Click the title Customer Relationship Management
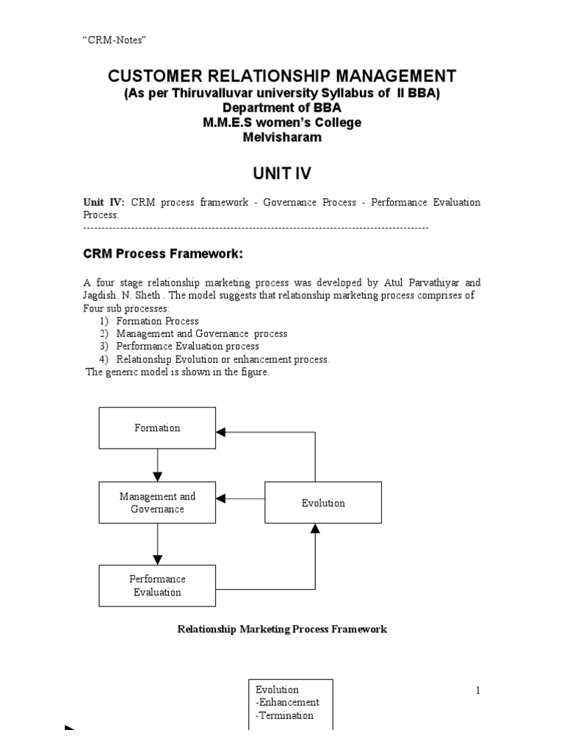pyautogui.click(x=282, y=76)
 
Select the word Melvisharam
pyautogui.click(x=282, y=137)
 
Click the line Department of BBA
pyautogui.click(x=282, y=108)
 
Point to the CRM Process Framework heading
pyautogui.click(x=162, y=254)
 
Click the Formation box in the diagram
pyautogui.click(x=157, y=428)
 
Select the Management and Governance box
pyautogui.click(x=157, y=503)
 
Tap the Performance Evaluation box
pyautogui.click(x=157, y=586)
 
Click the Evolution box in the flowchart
pyautogui.click(x=323, y=503)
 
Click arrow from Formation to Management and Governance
pyautogui.click(x=157, y=464)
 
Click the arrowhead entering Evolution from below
pyautogui.click(x=315, y=528)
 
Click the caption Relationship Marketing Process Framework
pyautogui.click(x=283, y=629)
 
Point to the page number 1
pyautogui.click(x=477, y=690)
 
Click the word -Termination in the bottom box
pyautogui.click(x=284, y=715)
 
